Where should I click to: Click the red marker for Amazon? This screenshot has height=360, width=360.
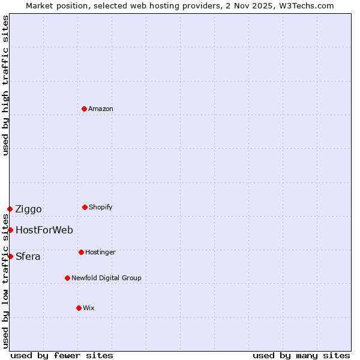[x=85, y=109]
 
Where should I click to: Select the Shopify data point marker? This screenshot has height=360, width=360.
[x=85, y=207]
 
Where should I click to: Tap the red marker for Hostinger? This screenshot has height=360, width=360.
[x=81, y=252]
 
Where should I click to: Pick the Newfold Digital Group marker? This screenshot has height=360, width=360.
[x=67, y=278]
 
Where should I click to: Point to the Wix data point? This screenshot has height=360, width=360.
[x=79, y=308]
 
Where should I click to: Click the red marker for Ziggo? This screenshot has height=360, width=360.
[x=10, y=209]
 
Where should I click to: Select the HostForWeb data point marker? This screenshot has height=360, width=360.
[x=10, y=230]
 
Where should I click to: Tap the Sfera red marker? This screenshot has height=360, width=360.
[x=10, y=256]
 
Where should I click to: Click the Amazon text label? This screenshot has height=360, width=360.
[x=101, y=109]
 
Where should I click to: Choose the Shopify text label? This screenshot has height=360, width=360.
[x=101, y=207]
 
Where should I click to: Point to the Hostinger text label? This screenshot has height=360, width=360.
[x=100, y=252]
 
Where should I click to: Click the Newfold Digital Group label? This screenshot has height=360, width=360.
[x=106, y=278]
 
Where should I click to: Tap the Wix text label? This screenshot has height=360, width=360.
[x=89, y=308]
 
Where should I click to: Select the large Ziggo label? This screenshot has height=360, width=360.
[x=29, y=209]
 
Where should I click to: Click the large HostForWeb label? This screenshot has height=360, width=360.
[x=44, y=230]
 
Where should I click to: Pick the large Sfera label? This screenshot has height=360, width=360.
[x=28, y=256]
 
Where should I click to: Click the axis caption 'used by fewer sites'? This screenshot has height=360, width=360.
[x=62, y=355]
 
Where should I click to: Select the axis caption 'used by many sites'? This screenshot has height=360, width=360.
[x=301, y=355]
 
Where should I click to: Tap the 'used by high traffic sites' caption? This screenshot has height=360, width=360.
[x=5, y=85]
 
